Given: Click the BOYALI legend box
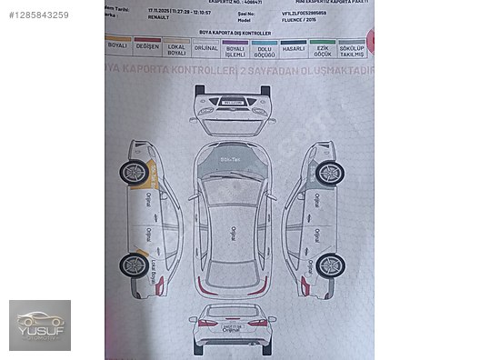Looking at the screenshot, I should coord(117,45).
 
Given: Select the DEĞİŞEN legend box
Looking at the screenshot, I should coord(146,45).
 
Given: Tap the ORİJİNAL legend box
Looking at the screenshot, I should coord(206,46).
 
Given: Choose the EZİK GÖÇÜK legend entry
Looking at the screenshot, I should coord(323,48).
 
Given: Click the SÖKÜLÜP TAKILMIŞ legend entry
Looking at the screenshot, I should coord(351,49).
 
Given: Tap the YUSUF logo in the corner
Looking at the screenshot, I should coord(39,325).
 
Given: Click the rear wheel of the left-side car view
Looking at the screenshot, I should coord(135,265).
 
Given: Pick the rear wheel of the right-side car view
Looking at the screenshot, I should coord(329,265).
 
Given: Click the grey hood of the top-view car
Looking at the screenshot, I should coord(232,163).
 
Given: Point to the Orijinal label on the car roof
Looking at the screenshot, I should coord(233,233).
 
